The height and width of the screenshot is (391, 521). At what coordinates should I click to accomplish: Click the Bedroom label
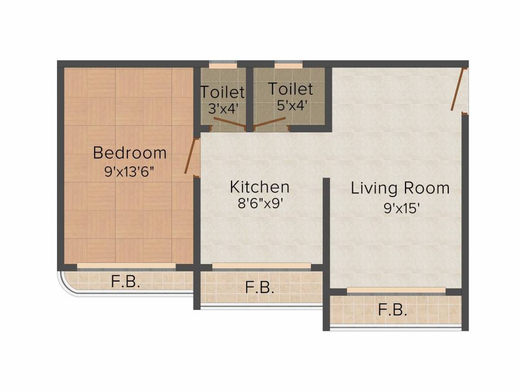[130, 153]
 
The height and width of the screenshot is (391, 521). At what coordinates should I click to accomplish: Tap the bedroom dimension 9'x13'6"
[130, 172]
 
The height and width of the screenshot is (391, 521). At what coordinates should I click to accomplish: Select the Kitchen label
[259, 187]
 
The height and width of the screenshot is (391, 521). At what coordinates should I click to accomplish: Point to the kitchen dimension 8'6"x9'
[259, 204]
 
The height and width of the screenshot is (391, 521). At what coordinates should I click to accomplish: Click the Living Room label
[400, 188]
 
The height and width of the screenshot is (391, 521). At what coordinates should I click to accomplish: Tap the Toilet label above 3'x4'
[222, 93]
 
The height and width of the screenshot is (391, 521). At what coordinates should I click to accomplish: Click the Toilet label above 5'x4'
[291, 89]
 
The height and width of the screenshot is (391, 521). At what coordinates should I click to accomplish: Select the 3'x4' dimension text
[222, 108]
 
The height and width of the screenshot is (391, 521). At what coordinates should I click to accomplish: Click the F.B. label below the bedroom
[125, 282]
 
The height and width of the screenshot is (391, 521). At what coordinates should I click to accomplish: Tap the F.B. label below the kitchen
[259, 288]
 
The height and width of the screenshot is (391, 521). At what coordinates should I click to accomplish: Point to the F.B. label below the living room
[392, 310]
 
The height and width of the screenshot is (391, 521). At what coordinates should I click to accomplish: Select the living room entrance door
[458, 89]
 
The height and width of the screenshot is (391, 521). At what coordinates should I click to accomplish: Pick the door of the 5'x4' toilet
[270, 122]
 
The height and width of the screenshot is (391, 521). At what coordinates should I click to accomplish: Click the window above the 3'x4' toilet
[223, 65]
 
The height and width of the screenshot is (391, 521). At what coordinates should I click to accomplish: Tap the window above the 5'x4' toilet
[288, 65]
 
